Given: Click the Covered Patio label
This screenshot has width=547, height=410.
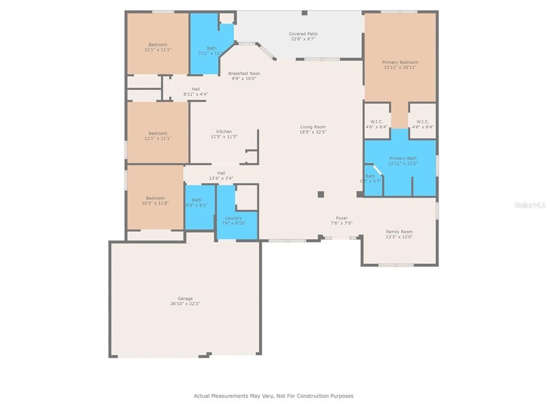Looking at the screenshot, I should pos(303,34).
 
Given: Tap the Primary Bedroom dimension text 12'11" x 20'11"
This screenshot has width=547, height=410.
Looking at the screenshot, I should pos(400,67).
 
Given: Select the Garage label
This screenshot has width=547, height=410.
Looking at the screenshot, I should pos(185,298).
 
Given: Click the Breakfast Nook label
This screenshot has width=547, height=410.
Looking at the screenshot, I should pos(244,73).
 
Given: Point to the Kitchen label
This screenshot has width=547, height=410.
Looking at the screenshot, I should pos(224,131).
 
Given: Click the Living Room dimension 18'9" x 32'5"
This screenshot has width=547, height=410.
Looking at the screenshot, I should pos(313,132).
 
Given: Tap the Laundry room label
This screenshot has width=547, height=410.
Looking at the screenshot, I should pos(233,218).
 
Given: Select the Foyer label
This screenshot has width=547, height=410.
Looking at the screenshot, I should pos(342,218).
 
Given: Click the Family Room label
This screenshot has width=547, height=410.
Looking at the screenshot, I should pos(400,232).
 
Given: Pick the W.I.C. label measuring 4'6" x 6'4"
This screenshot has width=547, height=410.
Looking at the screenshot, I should pos(377,122).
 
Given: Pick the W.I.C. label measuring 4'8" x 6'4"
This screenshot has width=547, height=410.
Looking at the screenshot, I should pos(423,122).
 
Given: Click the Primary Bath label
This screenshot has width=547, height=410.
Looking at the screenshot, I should pos(403,158).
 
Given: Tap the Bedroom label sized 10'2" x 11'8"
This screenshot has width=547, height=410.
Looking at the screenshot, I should pos(156,198).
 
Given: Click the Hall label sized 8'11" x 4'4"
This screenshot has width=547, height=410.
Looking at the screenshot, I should pos(196,89).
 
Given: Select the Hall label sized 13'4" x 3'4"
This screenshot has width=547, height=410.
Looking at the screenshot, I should pos(221,173).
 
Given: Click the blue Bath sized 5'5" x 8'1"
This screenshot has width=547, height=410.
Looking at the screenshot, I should pos(197,200).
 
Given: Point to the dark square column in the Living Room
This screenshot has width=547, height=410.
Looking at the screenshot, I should pos(321,194).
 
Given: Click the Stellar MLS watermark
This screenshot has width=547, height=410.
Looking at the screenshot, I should pos(529,204).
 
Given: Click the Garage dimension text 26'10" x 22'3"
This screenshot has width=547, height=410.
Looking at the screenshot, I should pos(185,304).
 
